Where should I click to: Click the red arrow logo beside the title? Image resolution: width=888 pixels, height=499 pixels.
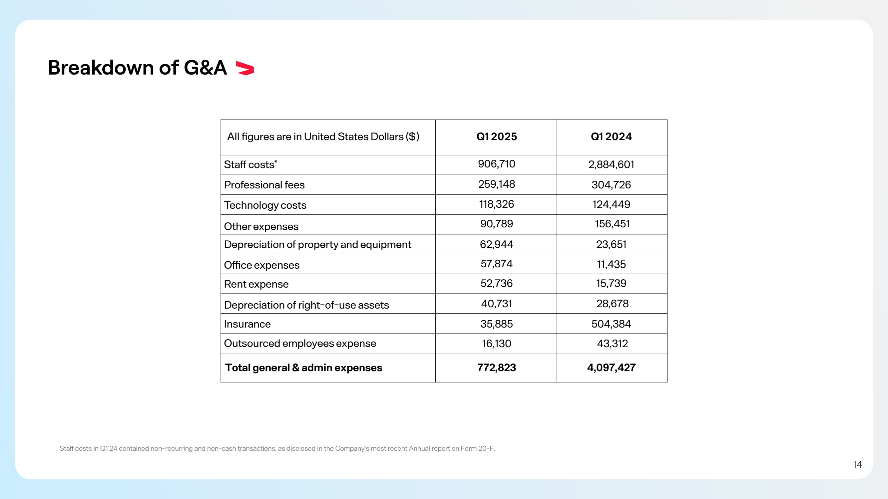pos(245,68)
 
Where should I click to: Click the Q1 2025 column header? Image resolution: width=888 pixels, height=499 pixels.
pos(496,136)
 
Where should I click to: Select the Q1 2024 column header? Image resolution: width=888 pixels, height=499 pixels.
pos(611,136)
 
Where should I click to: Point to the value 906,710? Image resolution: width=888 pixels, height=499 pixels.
pos(496,164)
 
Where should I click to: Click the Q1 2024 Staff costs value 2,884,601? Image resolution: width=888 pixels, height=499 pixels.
pos(611,164)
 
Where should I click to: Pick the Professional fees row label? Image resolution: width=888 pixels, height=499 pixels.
pos(264,185)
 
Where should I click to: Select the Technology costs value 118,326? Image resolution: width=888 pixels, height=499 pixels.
pos(496,204)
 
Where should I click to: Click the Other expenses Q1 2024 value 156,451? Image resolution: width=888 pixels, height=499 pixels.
pos(612,224)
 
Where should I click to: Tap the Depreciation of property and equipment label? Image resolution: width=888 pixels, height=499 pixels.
pos(317,244)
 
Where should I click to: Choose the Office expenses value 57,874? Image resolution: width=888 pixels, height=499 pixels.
pos(496,264)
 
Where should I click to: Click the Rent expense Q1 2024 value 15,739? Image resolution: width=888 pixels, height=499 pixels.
pos(611,283)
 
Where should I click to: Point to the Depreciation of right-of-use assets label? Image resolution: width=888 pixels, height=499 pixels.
pos(306,305)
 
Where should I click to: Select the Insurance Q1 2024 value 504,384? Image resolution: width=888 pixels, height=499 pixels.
pos(611,324)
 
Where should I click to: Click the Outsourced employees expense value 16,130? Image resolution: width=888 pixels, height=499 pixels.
pos(496,344)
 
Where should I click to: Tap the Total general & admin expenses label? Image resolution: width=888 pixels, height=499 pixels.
pos(303,368)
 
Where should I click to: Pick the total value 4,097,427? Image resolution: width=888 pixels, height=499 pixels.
pos(611,368)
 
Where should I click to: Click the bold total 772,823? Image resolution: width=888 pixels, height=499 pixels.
pos(496,368)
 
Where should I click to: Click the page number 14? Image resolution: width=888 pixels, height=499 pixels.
pos(857,464)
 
